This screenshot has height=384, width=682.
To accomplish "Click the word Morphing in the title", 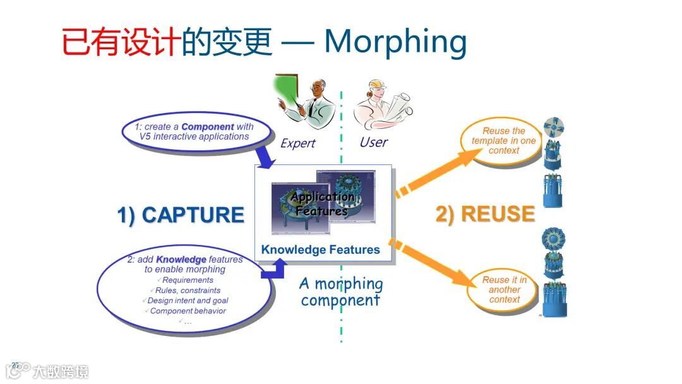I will tap(395, 42).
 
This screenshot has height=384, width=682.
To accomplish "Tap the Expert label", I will tap(297, 143).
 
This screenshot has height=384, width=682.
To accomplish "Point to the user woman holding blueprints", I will tap(383, 105).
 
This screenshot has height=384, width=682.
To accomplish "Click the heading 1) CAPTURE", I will tap(181, 215).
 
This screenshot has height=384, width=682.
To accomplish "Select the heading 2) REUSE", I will tap(485, 214).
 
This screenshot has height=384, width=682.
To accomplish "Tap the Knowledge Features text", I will tap(321, 249).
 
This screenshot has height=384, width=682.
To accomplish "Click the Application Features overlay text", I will tap(322, 203).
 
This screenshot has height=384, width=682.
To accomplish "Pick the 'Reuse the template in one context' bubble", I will tap(503, 141).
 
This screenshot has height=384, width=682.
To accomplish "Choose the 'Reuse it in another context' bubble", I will tap(504, 289).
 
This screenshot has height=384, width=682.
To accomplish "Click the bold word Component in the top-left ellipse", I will tap(208, 126).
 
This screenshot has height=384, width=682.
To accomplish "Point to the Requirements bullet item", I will tap(188, 280).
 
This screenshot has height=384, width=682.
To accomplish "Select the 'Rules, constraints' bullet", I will tap(188, 291).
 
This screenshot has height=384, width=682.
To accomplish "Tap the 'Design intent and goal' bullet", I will tap(188, 301).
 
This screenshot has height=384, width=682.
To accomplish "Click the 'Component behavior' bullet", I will tap(188, 311).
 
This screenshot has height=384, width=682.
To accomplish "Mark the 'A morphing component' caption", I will tap(341, 292).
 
